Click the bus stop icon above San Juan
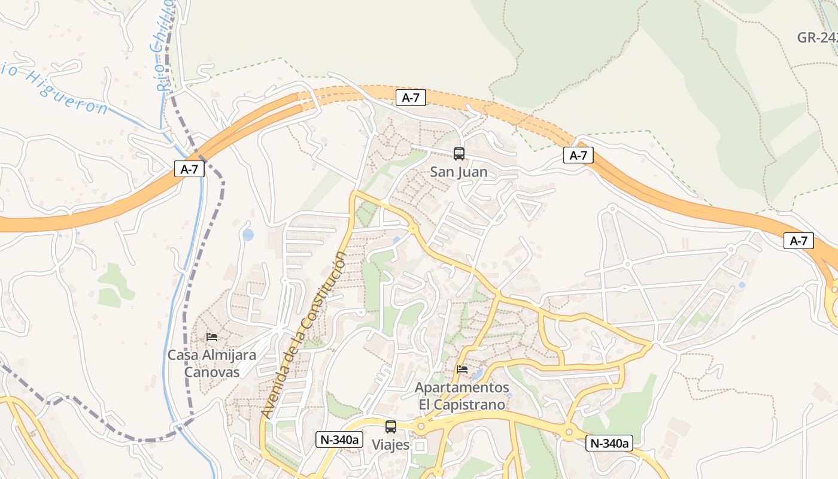(459, 154)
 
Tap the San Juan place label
(459, 172)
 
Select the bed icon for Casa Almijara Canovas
(212, 337)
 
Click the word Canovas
(211, 372)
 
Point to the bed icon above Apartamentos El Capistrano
(462, 369)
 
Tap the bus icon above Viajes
(391, 427)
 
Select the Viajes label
(391, 445)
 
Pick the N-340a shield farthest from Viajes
(609, 443)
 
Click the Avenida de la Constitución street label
(304, 335)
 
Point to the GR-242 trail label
(818, 38)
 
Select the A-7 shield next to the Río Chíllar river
(189, 169)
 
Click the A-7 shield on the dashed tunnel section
(411, 98)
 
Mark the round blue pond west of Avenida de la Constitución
(248, 235)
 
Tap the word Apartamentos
(462, 387)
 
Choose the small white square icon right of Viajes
(420, 447)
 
